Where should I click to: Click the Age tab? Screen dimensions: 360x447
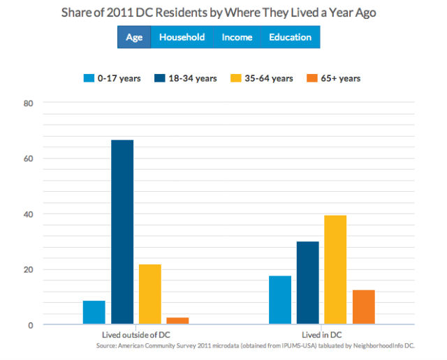(134, 37)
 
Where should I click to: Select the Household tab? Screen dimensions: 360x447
(182, 37)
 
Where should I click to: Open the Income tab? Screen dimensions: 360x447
(237, 37)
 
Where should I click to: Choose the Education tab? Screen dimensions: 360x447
(291, 37)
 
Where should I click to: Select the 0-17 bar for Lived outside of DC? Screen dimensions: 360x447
(94, 313)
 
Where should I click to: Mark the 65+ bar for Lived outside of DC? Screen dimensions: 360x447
(178, 321)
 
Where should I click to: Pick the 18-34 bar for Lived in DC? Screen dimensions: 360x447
(308, 283)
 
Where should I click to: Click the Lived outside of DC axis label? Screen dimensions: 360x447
(136, 334)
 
